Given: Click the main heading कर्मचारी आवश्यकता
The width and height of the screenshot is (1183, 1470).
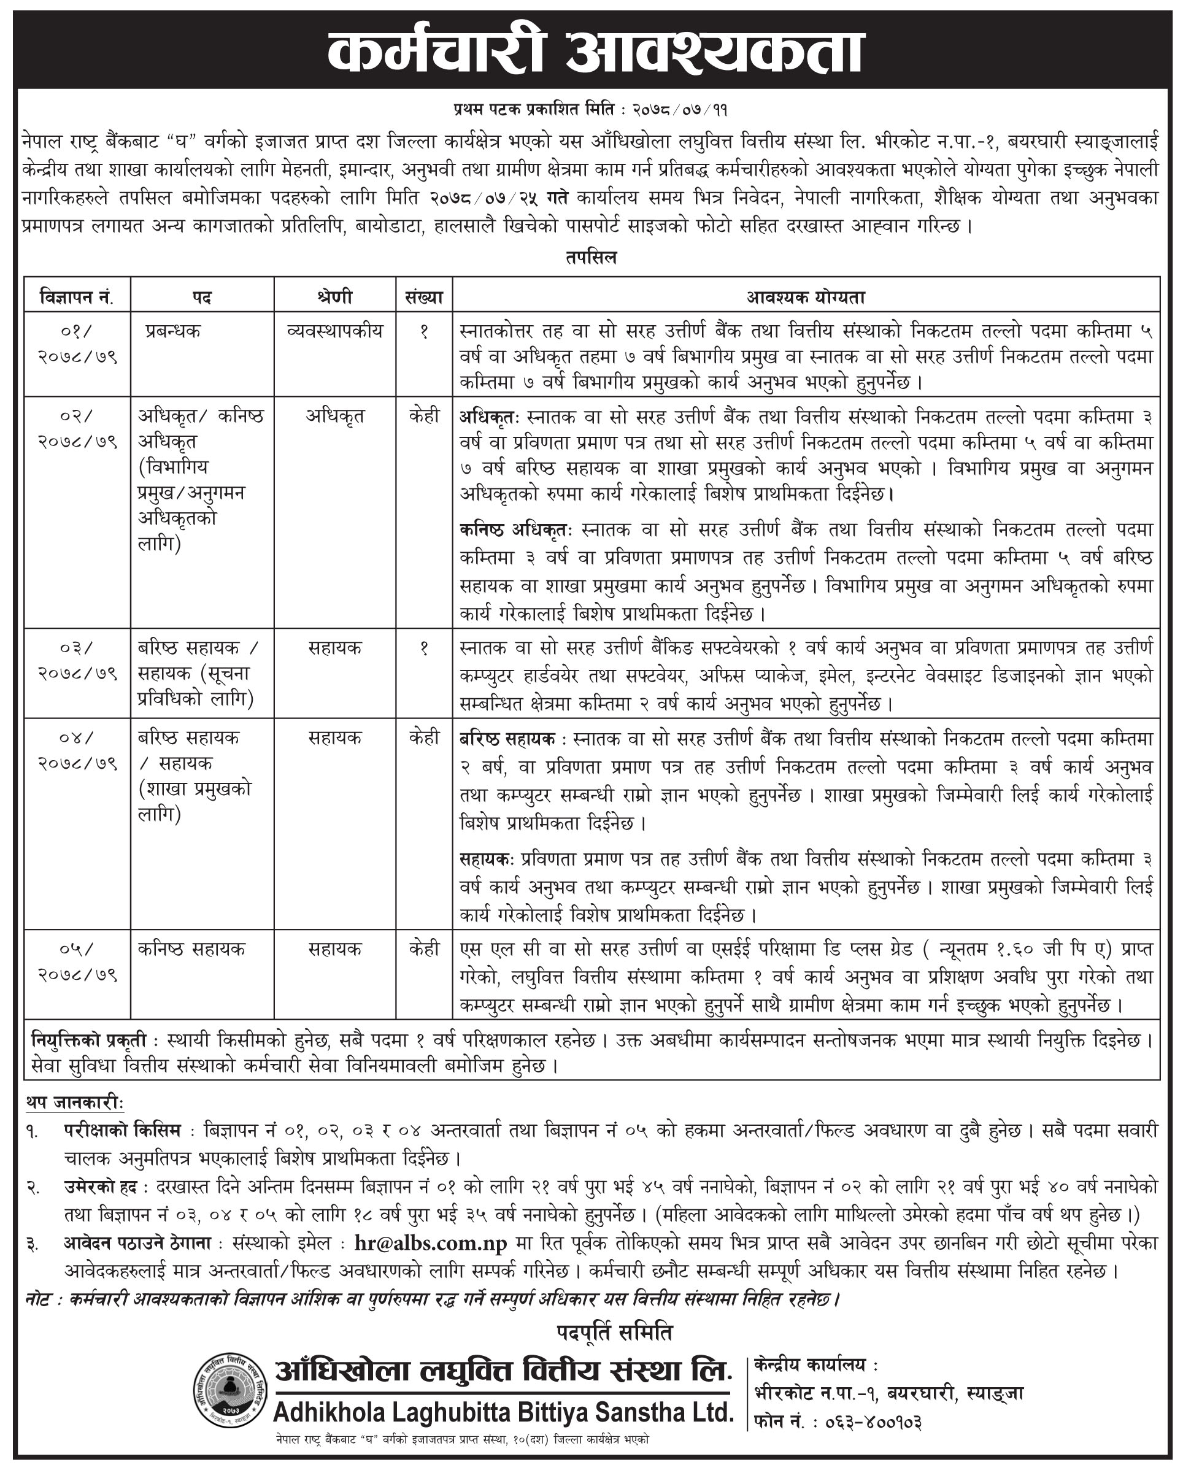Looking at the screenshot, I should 595,51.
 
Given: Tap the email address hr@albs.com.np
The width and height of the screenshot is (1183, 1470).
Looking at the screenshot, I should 430,1243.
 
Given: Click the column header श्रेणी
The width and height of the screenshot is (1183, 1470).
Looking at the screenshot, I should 335,298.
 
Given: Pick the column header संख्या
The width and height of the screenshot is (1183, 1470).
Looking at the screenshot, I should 423,298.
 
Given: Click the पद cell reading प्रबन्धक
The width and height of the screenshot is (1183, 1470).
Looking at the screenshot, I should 173,331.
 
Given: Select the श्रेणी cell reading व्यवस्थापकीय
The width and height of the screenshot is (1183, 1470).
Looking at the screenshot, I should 335,331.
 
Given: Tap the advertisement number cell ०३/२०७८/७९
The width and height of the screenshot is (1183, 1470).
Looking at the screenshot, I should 77,660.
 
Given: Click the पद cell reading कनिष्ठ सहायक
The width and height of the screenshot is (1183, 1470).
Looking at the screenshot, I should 191,949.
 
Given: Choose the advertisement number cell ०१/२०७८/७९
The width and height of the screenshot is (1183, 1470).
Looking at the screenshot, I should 77,344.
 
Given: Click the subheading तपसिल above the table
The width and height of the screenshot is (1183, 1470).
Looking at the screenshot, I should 590,258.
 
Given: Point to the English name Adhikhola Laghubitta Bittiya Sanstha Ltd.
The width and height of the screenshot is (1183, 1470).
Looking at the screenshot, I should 503,1412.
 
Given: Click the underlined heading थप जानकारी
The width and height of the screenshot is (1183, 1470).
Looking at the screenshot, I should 75,1102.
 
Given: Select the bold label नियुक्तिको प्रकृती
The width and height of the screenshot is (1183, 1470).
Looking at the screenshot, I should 88,1041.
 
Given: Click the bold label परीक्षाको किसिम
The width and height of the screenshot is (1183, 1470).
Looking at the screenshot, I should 123,1131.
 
